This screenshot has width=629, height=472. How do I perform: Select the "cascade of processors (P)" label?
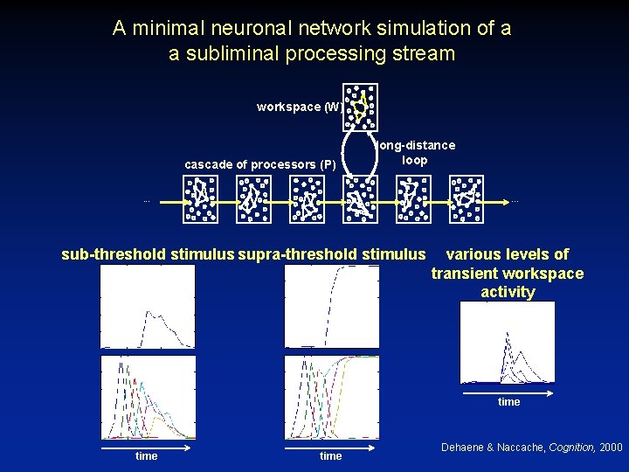pyautogui.click(x=260, y=164)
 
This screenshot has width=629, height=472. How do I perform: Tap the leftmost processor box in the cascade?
pyautogui.click(x=200, y=198)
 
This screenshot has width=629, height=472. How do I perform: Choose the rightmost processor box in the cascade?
pyautogui.click(x=467, y=198)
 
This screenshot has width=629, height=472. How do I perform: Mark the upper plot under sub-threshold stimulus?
pyautogui.click(x=149, y=307)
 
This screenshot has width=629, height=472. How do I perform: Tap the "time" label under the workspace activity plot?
pyautogui.click(x=508, y=402)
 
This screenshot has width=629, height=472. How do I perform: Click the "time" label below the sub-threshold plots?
pyautogui.click(x=147, y=456)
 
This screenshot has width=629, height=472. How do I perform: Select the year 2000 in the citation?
pyautogui.click(x=611, y=448)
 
